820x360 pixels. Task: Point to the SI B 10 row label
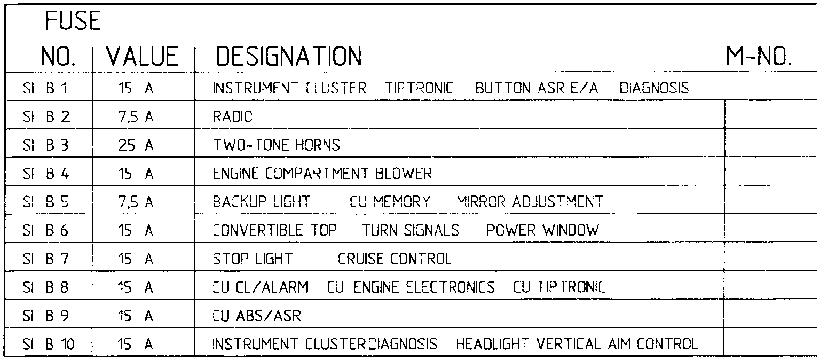(x=50, y=345)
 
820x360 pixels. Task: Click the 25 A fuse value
(x=136, y=145)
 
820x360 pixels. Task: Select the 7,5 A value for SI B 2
(x=136, y=116)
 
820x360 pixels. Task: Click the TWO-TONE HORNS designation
(x=276, y=145)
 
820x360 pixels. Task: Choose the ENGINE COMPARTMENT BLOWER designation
(x=322, y=174)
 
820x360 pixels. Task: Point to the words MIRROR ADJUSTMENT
(x=530, y=202)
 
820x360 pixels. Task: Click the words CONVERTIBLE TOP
(x=275, y=230)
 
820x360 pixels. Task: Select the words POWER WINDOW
(x=543, y=230)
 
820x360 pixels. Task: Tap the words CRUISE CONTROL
(x=395, y=259)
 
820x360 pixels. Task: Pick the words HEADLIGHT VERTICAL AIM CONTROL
(x=577, y=345)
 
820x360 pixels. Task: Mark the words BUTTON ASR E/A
(x=537, y=88)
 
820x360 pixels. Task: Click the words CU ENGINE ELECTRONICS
(x=411, y=287)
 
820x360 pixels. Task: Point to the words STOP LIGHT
(x=253, y=259)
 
